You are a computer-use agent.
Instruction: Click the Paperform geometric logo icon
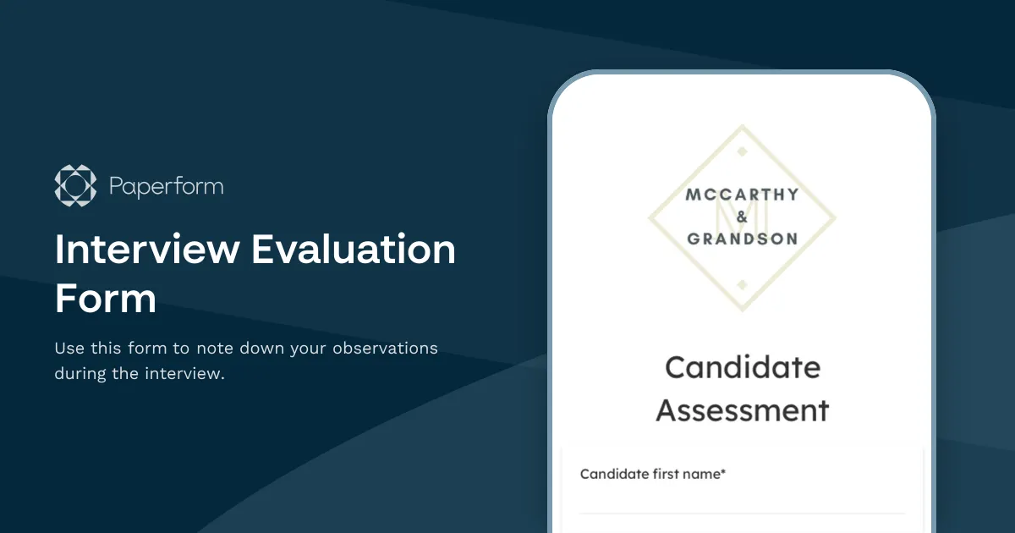(76, 185)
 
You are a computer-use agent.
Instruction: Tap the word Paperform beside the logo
(167, 186)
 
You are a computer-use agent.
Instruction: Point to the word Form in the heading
(106, 299)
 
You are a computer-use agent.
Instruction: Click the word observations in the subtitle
(385, 348)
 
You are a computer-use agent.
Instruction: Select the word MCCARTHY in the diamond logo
(742, 195)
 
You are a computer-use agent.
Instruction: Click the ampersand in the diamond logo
(742, 217)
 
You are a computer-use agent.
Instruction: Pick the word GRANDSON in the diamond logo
(742, 239)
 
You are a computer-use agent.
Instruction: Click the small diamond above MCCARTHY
(742, 151)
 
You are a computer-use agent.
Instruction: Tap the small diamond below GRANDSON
(742, 283)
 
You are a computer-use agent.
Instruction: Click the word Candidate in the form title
(742, 368)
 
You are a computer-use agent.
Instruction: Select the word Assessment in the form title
(742, 410)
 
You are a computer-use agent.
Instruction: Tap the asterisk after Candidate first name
(723, 473)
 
